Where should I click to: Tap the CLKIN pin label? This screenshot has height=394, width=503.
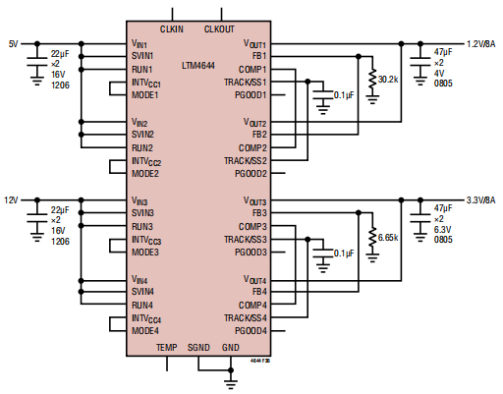coord(172,29)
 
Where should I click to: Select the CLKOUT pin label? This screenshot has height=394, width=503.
coord(220,29)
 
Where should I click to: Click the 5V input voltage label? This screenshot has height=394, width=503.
coord(13,43)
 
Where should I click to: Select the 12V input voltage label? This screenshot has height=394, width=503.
coord(14,200)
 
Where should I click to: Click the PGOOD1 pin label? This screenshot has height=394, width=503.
coord(251,95)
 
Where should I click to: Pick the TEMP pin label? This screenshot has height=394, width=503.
coord(167,348)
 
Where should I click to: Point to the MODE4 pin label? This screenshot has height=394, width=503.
coord(145,330)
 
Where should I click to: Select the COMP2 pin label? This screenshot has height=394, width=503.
coord(252,147)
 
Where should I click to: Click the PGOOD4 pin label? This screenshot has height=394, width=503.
coord(251,330)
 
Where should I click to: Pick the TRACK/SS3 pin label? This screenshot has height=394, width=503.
coord(246,239)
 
